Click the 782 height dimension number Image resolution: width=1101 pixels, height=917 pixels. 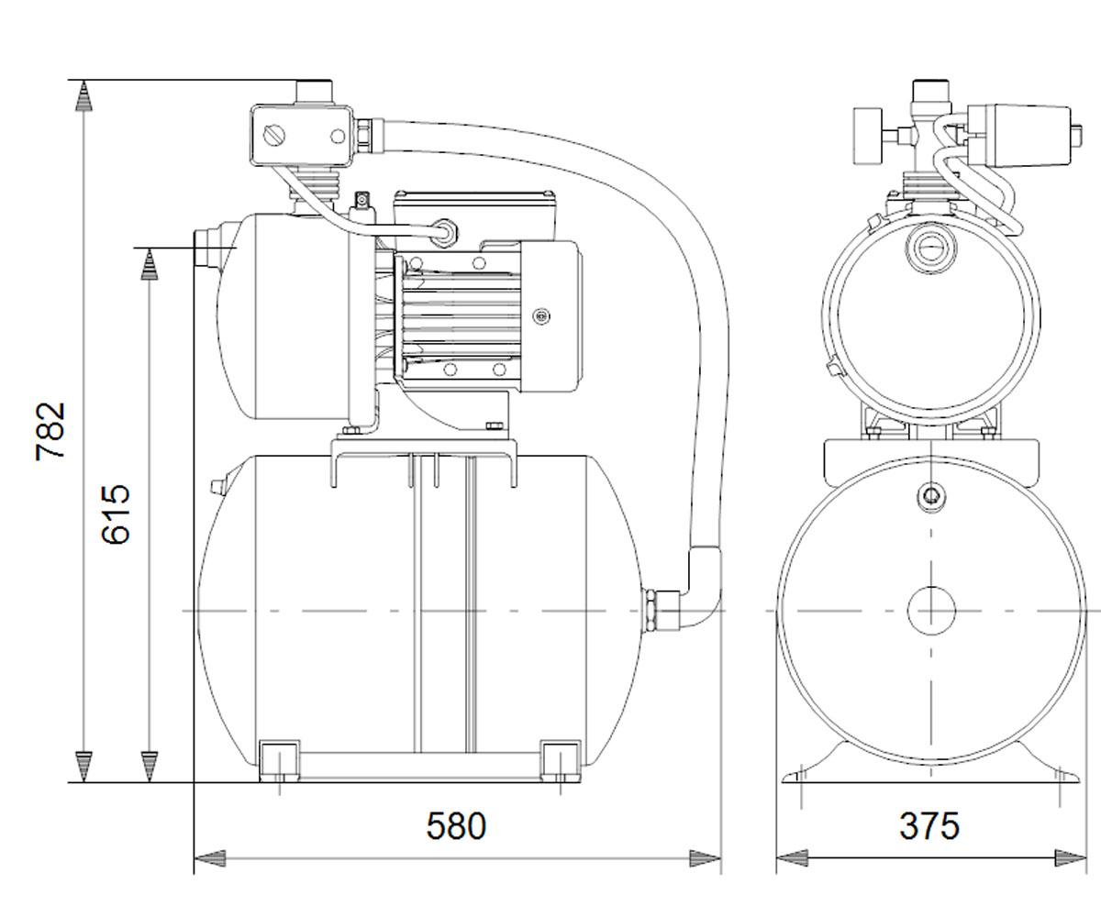[50, 432]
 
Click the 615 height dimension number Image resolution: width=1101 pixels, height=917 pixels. [116, 514]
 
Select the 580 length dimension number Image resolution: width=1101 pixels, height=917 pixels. [456, 825]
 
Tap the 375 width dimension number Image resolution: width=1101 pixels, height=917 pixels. [929, 825]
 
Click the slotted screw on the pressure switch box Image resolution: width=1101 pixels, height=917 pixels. [274, 136]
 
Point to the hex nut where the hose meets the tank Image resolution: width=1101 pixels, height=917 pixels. [651, 611]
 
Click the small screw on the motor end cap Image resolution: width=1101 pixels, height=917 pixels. [541, 315]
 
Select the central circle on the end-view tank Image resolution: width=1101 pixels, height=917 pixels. [931, 611]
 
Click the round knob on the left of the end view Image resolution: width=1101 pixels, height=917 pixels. [867, 137]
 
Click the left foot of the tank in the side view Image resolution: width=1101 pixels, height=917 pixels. [279, 761]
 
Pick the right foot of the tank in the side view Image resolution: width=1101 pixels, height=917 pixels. [561, 761]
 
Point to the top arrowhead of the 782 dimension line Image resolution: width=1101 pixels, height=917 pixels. [83, 96]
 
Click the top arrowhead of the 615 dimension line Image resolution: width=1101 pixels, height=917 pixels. [150, 263]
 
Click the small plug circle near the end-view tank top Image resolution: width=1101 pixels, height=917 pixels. [931, 495]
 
